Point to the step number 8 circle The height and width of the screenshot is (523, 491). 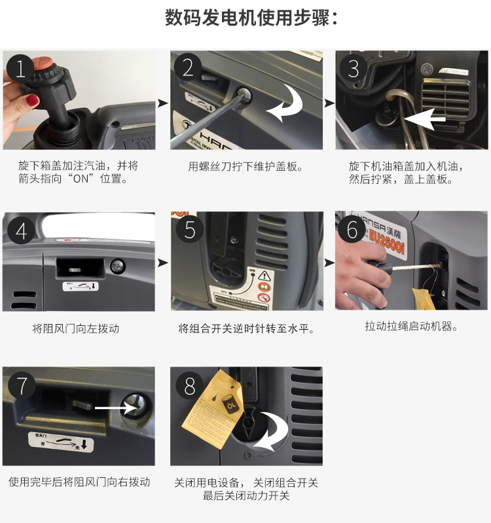point(190,386)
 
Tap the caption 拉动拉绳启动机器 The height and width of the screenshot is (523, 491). point(411,326)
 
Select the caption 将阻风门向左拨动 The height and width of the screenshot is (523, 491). point(76,329)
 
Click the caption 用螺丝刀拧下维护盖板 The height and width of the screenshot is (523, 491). point(245,166)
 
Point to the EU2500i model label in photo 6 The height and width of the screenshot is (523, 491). point(387,234)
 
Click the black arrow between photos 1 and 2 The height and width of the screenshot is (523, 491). point(162,103)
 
